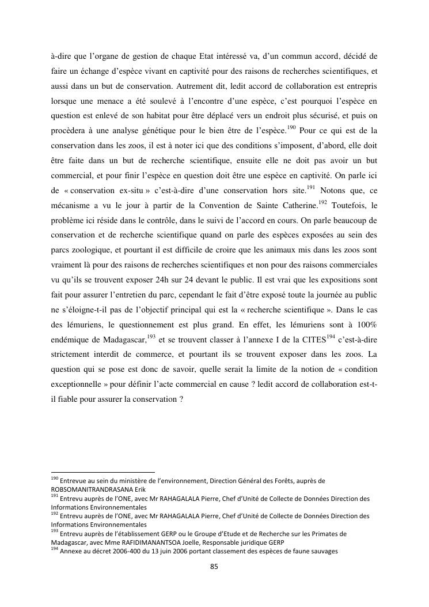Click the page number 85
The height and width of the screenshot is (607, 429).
pyautogui.click(x=214, y=566)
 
